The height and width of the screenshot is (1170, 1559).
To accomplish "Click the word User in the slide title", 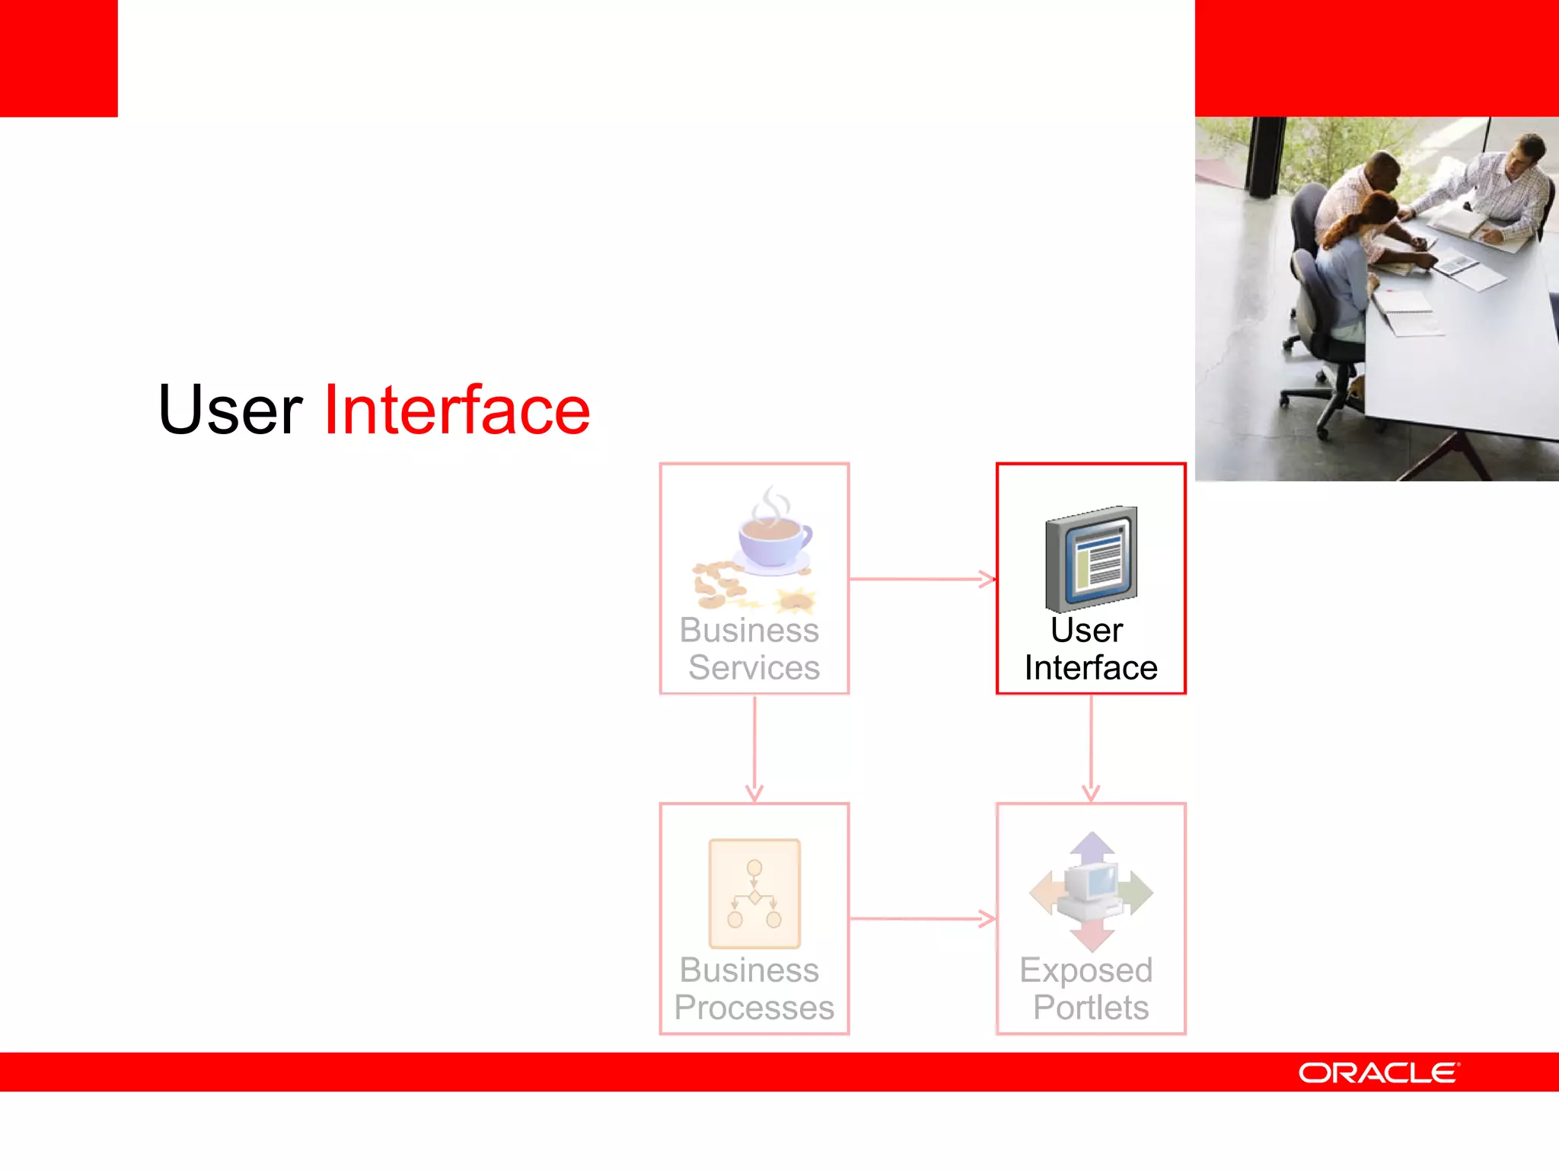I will (230, 411).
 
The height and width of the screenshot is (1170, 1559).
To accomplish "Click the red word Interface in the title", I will (457, 411).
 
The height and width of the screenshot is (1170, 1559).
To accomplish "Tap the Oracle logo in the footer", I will (1379, 1072).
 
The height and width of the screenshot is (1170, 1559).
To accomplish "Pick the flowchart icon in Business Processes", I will (754, 893).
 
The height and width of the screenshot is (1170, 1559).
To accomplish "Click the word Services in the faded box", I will (754, 668).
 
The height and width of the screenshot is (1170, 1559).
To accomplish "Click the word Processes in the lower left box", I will (754, 1008).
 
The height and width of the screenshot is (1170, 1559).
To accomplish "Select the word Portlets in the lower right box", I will (1090, 1008).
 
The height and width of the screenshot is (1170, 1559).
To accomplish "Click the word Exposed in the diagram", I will (1086, 970).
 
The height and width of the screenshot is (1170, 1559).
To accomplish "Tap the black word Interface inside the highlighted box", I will (1090, 668).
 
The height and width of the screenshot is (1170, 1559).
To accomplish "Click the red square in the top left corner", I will (59, 58).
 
